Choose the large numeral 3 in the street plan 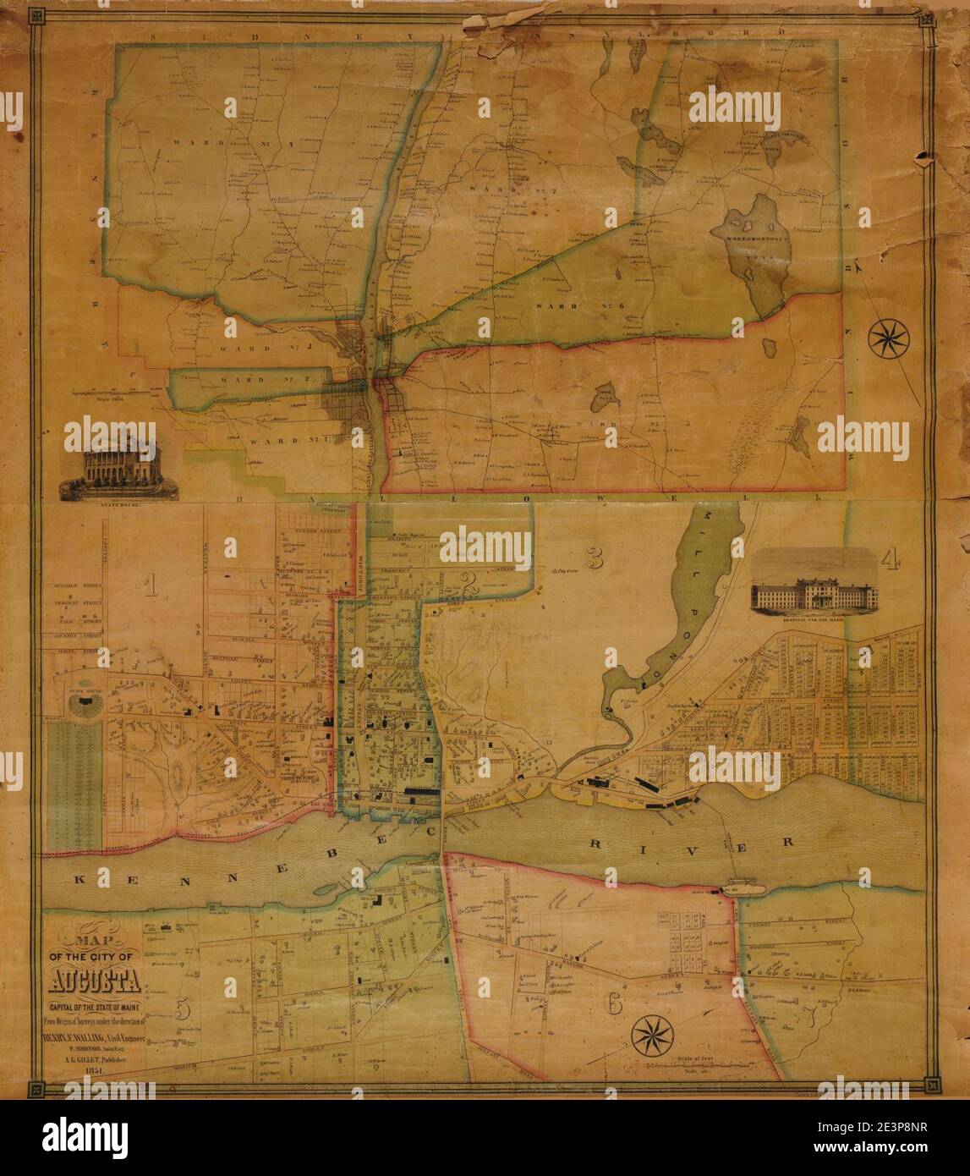[595, 559]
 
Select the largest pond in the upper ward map [747, 254]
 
